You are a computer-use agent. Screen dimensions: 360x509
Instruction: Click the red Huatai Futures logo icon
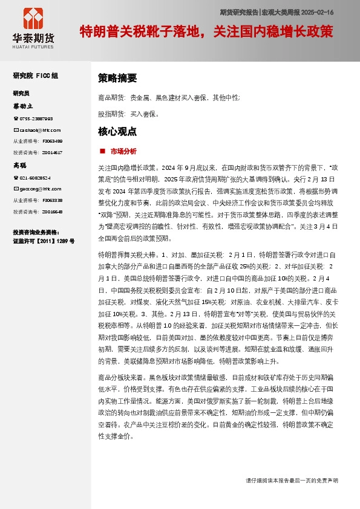pyautogui.click(x=33, y=19)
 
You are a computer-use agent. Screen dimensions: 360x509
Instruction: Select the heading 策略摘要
pyautogui.click(x=117, y=78)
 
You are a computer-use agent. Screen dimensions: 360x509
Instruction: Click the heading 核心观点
pyautogui.click(x=117, y=131)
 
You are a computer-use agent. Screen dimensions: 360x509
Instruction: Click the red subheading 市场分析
pyautogui.click(x=123, y=151)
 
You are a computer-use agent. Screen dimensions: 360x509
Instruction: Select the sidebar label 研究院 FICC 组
pyautogui.click(x=36, y=76)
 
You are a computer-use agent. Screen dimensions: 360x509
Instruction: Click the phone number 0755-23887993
pyautogui.click(x=36, y=119)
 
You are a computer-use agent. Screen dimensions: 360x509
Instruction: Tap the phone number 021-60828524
pyautogui.click(x=36, y=178)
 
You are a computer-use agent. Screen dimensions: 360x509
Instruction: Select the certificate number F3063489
pyautogui.click(x=52, y=141)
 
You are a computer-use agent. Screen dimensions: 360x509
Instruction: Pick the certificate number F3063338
pyautogui.click(x=52, y=200)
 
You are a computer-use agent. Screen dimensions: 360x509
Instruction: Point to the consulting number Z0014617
pyautogui.click(x=52, y=152)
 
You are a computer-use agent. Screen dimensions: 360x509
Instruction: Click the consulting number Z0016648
pyautogui.click(x=52, y=212)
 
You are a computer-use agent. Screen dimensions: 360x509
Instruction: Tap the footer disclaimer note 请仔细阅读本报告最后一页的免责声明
pyautogui.click(x=292, y=480)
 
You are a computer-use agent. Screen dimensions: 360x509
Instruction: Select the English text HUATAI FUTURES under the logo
pyautogui.click(x=33, y=46)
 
